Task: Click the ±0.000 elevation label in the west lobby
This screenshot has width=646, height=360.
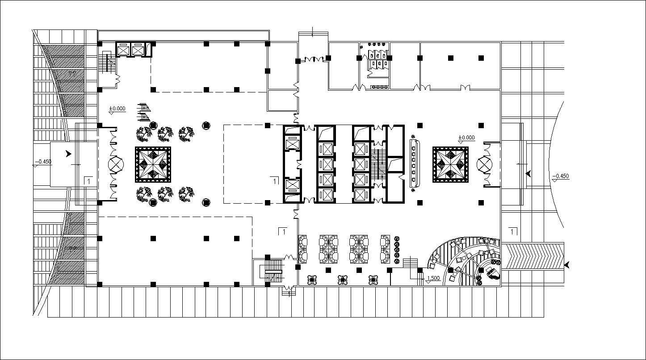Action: point(117,109)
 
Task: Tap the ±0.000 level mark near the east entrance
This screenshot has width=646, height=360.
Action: point(467,138)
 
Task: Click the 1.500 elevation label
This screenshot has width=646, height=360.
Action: point(433,279)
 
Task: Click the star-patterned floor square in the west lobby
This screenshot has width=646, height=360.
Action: point(153,164)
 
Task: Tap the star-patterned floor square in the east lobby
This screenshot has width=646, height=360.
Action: point(451,165)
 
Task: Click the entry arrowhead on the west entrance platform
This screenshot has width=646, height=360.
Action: point(68,154)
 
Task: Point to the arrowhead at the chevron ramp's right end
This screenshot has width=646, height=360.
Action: point(567,265)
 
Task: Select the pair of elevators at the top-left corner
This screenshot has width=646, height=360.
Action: point(131,50)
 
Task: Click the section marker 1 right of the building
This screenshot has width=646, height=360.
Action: point(513,231)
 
